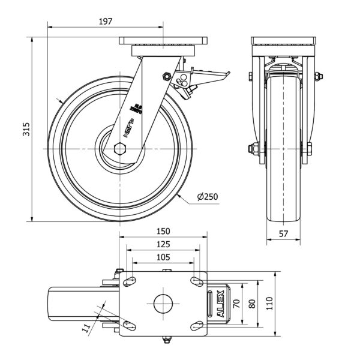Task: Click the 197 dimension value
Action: (x=105, y=22)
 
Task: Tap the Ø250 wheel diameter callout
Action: (x=206, y=196)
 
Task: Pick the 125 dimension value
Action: (x=163, y=244)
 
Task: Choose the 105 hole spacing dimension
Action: (x=163, y=257)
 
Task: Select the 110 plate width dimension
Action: (x=270, y=302)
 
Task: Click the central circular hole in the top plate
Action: (x=163, y=302)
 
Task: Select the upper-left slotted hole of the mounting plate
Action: (x=129, y=281)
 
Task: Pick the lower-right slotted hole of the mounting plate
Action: (x=196, y=325)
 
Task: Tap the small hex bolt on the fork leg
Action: (x=166, y=76)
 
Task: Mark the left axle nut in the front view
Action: (x=250, y=149)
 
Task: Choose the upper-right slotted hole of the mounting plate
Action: (x=196, y=281)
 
